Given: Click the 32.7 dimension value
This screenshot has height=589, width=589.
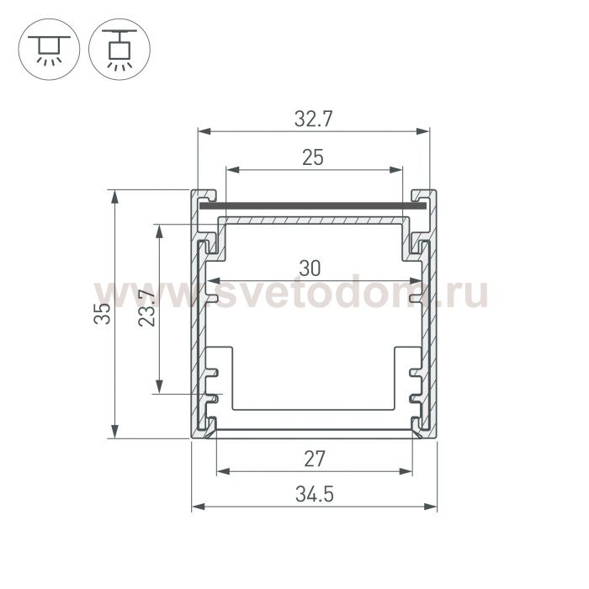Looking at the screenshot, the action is tap(313, 119).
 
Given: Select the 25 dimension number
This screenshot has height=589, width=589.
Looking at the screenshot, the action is tap(312, 157).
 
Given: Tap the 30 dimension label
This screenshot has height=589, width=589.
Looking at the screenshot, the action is tap(310, 268).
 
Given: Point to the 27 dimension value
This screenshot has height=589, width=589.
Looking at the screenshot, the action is tap(314, 459).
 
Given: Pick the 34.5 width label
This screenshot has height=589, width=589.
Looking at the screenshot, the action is tap(315, 494).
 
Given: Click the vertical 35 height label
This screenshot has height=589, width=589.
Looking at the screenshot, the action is tap(102, 313).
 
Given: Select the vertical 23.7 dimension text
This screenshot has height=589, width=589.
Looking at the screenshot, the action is tap(146, 308).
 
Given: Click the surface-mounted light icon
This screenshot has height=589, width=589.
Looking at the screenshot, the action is tap(49, 49).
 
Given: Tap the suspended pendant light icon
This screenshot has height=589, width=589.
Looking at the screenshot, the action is tap(119, 49).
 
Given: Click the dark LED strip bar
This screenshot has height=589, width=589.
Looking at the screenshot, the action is tap(313, 206).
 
